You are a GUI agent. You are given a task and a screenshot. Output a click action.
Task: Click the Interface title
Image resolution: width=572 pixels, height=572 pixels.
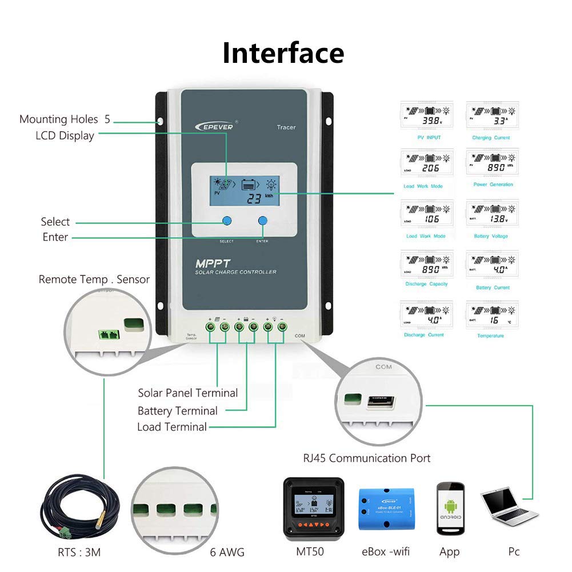pyautogui.click(x=283, y=53)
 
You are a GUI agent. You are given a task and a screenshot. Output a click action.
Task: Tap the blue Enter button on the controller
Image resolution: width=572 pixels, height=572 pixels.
pyautogui.click(x=263, y=221)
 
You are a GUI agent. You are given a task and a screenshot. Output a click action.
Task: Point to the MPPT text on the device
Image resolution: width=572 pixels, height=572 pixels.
pyautogui.click(x=211, y=264)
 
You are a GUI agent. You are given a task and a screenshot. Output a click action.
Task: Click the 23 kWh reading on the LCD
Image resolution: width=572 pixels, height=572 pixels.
pyautogui.click(x=255, y=198)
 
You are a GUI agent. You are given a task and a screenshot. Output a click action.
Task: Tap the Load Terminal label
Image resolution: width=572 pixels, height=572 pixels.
pyautogui.click(x=172, y=427)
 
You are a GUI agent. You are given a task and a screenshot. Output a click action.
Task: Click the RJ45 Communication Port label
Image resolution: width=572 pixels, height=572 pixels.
pyautogui.click(x=366, y=458)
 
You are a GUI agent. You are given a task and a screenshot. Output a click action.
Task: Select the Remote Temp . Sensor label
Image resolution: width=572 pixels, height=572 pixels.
pyautogui.click(x=94, y=279)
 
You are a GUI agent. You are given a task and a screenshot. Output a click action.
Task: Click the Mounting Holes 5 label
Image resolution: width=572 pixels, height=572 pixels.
pyautogui.click(x=65, y=119)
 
